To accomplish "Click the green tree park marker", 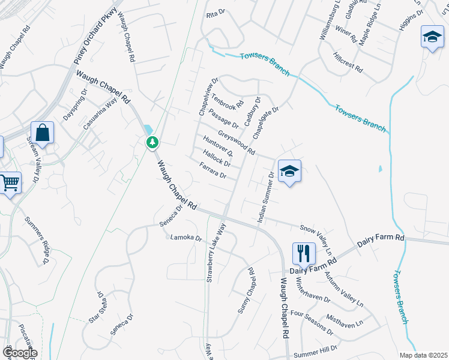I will (152, 142).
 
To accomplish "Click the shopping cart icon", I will (10, 182).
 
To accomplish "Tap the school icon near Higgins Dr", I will (432, 37).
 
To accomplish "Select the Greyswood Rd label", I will (237, 142).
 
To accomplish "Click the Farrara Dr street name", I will (212, 171).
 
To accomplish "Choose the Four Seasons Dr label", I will (311, 323).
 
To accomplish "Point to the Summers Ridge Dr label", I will (37, 241).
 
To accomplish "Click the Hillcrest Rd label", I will (348, 62).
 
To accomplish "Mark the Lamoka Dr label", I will (186, 238).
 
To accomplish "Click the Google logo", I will (20, 353).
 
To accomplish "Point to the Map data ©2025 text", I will (423, 355).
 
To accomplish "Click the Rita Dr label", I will (214, 14).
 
